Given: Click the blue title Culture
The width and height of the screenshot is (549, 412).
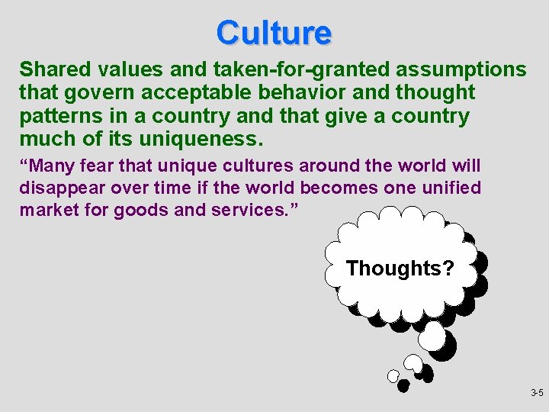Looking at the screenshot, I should click(274, 33).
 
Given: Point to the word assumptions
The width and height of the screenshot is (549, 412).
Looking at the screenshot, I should click(461, 70).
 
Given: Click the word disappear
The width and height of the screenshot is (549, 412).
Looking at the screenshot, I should click(59, 188).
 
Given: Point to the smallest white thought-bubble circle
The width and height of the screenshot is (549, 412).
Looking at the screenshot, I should click(393, 376).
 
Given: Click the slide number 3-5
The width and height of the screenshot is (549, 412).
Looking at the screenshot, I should click(536, 394).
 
